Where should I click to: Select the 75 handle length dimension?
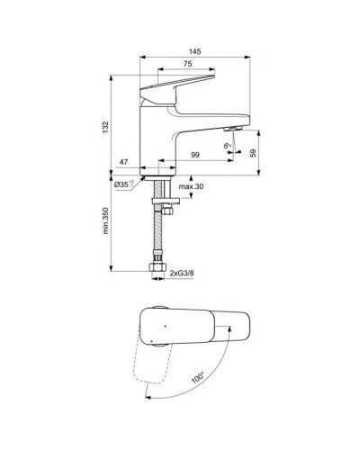click(186, 65)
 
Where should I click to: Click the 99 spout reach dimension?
click(195, 156)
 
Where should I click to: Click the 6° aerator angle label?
click(227, 144)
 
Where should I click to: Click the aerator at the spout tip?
click(231, 130)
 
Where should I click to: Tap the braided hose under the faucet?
click(159, 229)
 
